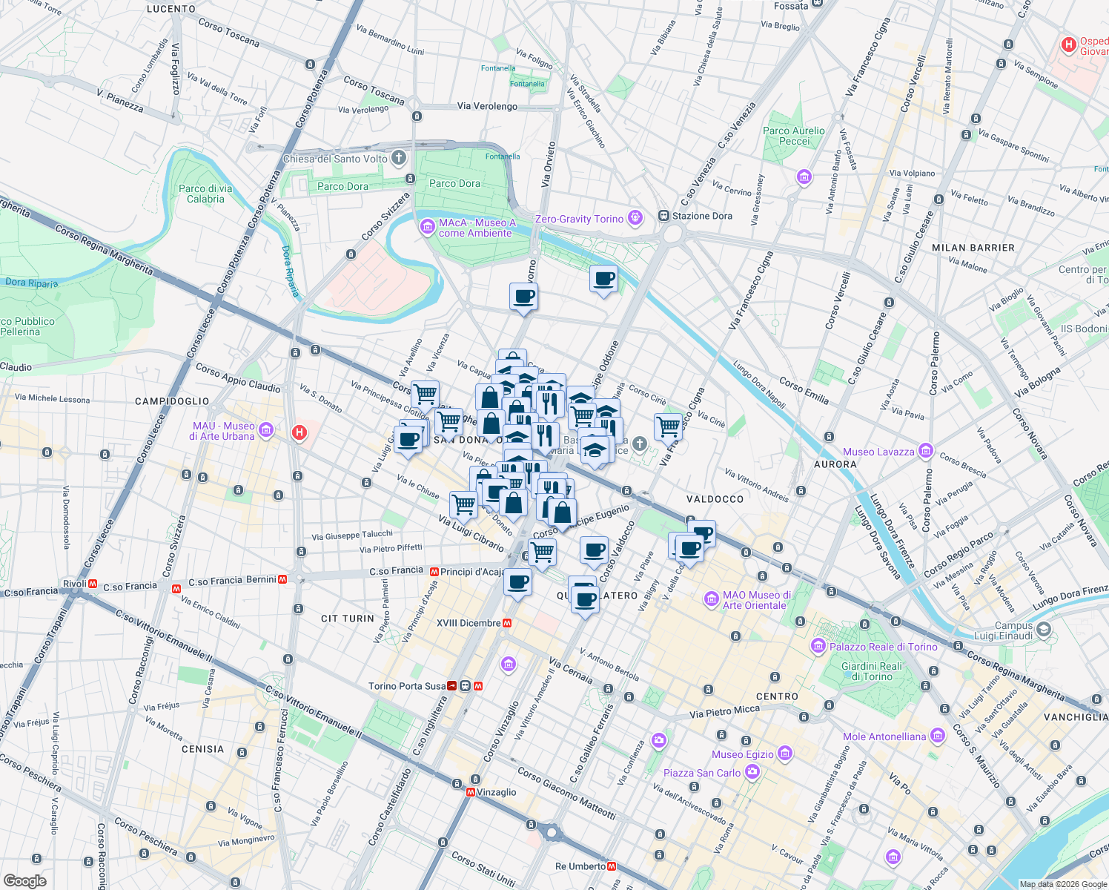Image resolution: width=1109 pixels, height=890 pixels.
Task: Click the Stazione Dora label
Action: point(701,216)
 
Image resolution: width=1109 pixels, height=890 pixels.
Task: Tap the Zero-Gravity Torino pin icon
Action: point(635,218)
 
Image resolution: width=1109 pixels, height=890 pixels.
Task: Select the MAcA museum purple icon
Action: point(427,227)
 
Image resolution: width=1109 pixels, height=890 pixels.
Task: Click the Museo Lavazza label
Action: point(879,452)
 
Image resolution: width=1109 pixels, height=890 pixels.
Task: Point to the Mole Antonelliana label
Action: point(884,736)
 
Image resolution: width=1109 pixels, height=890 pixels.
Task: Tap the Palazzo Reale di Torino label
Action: point(883,647)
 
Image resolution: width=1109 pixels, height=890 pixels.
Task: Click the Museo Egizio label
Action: point(743,754)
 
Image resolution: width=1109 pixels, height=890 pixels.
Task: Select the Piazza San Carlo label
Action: point(701,773)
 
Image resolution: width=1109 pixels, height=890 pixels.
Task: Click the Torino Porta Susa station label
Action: point(407,686)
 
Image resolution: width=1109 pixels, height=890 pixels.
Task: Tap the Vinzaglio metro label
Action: point(496,792)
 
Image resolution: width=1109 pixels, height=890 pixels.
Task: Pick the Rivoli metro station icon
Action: point(93,584)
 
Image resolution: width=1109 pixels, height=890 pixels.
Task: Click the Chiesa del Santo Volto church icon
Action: point(399,158)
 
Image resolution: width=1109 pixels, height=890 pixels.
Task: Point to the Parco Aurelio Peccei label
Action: point(793,136)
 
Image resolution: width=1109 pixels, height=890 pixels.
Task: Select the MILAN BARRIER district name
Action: point(973,248)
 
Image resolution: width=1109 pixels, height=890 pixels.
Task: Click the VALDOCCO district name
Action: point(715,499)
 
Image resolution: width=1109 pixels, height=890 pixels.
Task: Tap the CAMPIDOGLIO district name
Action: point(172,401)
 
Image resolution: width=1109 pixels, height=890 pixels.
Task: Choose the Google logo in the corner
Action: point(24,881)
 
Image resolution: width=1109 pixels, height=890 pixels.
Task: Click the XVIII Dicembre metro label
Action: point(469,623)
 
